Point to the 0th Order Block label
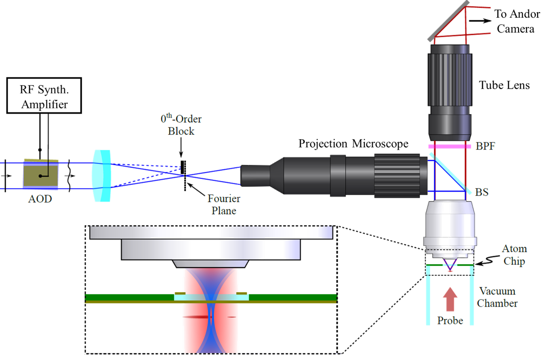[181, 124]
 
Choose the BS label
[482, 191]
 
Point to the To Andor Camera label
[515, 21]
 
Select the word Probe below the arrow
[450, 321]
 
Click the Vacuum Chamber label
[498, 297]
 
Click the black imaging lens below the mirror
[449, 91]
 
